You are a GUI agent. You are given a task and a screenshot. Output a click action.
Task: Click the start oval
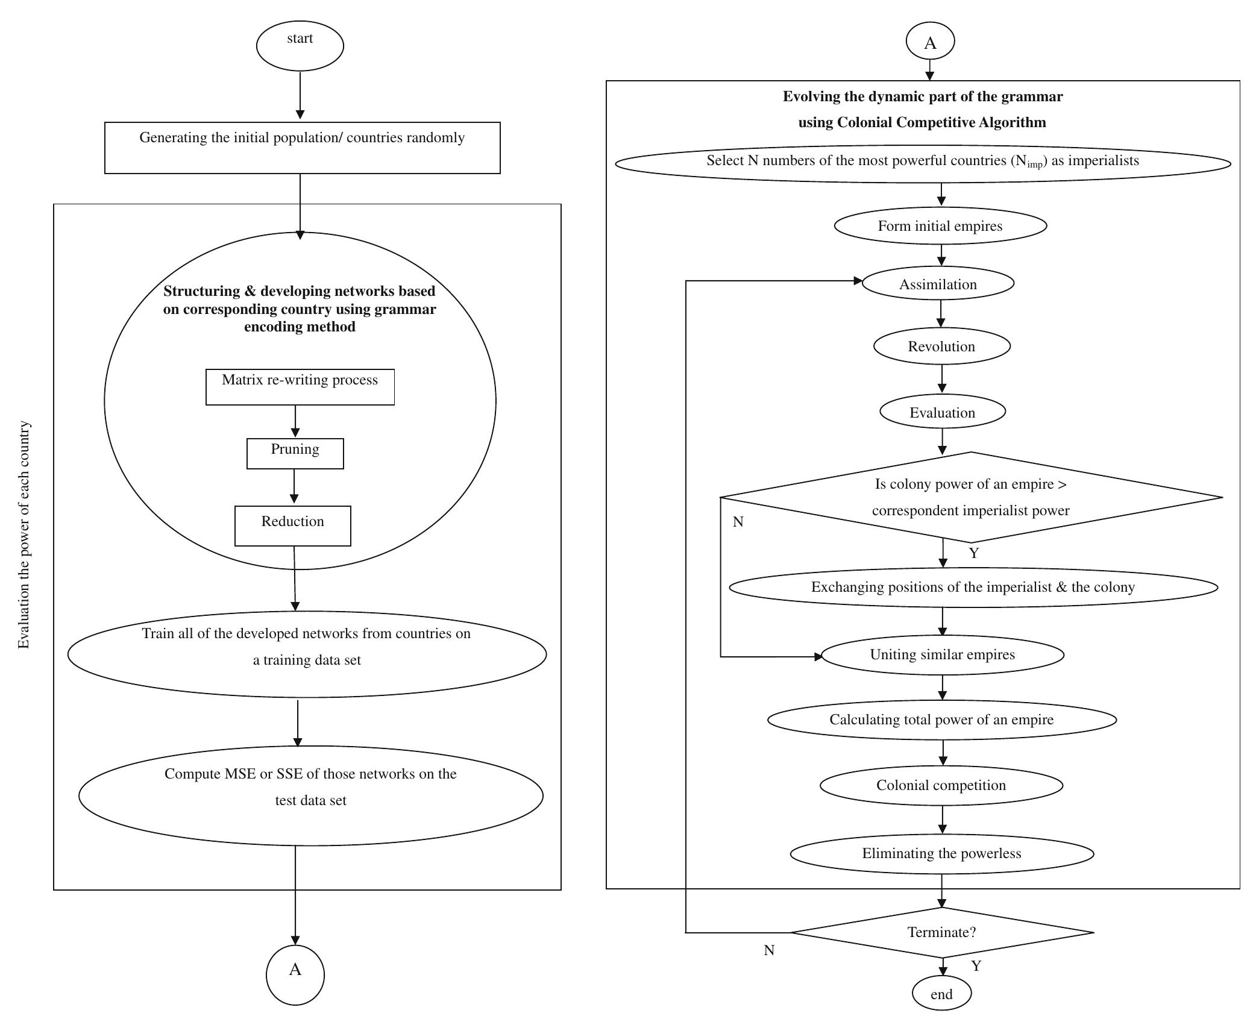click(300, 46)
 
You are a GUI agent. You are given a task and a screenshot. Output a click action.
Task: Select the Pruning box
click(295, 453)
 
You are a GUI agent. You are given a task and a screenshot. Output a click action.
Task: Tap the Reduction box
click(292, 525)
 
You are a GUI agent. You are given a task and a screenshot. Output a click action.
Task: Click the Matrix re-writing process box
click(300, 387)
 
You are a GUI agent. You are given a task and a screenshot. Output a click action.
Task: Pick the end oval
click(941, 994)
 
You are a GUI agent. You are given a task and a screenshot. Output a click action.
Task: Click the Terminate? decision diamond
click(941, 932)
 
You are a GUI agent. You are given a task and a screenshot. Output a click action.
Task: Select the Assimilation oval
click(938, 284)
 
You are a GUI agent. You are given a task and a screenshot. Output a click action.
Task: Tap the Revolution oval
click(941, 346)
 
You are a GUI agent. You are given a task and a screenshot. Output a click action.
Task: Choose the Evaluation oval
click(942, 412)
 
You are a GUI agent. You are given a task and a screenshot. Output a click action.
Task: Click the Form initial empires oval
click(940, 225)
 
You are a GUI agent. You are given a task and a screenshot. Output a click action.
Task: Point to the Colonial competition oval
click(941, 785)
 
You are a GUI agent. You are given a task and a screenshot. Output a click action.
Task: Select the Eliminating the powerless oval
click(941, 853)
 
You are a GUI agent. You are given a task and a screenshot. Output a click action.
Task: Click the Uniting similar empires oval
click(942, 654)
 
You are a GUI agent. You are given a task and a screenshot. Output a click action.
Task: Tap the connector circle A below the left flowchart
click(295, 975)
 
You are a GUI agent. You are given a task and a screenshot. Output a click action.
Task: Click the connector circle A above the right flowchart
click(930, 42)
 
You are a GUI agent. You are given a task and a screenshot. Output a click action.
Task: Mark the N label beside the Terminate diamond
click(769, 950)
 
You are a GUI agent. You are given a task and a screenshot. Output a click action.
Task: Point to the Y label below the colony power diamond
click(974, 553)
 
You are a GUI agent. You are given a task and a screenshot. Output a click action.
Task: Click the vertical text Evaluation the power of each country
click(24, 535)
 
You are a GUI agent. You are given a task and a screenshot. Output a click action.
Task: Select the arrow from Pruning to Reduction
click(294, 487)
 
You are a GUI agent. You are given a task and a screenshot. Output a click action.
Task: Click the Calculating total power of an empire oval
click(941, 720)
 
